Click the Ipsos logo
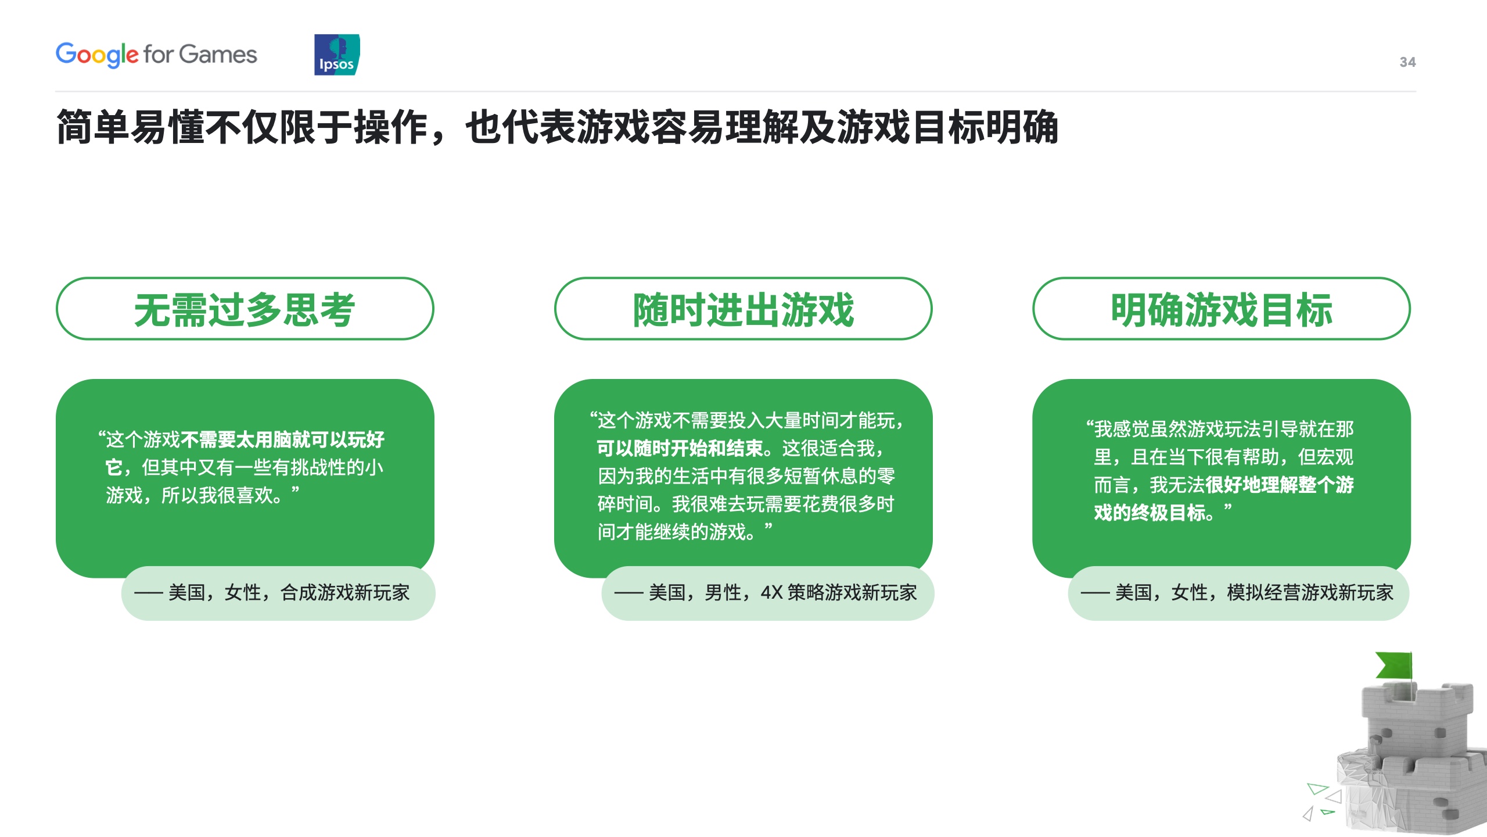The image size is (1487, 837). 337,55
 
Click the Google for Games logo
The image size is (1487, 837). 156,55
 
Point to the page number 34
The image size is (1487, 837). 1407,62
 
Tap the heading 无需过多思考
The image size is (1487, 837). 245,309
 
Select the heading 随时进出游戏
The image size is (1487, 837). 743,309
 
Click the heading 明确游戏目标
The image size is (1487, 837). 1222,309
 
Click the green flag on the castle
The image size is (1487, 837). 1395,665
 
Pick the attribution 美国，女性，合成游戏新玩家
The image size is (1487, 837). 289,593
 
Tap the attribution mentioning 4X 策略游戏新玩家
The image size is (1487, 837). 782,593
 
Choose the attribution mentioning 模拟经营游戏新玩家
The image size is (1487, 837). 1254,593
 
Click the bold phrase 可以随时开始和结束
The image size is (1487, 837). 680,448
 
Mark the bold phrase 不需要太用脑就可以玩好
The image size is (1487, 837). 282,439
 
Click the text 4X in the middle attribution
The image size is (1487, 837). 771,593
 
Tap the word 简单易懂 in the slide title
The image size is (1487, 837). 131,127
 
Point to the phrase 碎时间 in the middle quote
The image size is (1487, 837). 625,504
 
